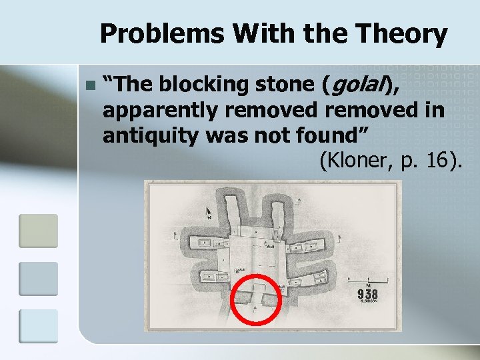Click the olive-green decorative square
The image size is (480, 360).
click(39, 231)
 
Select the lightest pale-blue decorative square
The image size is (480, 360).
click(39, 326)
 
